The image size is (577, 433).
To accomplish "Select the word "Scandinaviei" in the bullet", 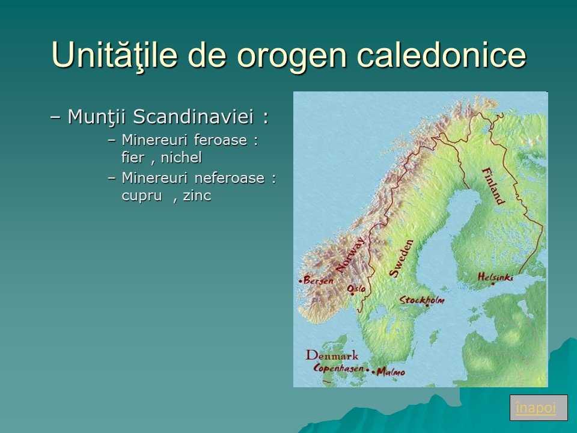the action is [x=194, y=117].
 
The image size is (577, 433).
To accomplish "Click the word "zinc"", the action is [x=197, y=195].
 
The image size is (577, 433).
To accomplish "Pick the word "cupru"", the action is [x=142, y=196].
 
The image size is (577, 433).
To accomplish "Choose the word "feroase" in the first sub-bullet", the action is [x=221, y=140].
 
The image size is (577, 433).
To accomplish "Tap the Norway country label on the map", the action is [x=350, y=255].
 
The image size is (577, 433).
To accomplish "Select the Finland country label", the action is [x=493, y=186].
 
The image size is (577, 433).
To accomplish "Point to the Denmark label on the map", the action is [x=332, y=355].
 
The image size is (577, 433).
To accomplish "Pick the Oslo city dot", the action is [x=352, y=294].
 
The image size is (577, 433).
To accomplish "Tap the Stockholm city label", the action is [x=422, y=300].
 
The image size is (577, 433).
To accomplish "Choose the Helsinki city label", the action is [x=495, y=277].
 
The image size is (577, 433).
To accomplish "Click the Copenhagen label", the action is [x=338, y=369].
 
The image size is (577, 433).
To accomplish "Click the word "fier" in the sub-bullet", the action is [x=133, y=158].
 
